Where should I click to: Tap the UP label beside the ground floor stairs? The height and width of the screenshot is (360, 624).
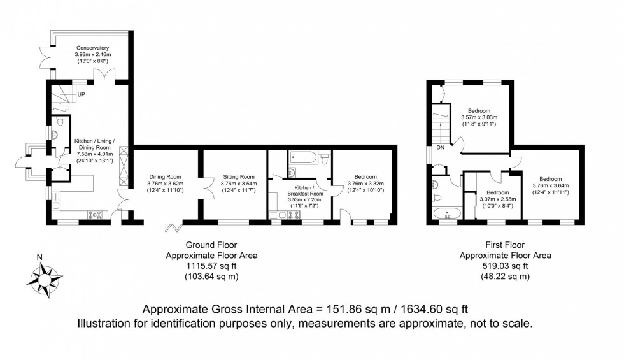tap(81, 95)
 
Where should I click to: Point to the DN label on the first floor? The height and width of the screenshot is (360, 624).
tap(441, 148)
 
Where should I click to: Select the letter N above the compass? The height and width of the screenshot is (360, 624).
tap(39, 258)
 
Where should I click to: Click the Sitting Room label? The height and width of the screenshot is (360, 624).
tap(239, 177)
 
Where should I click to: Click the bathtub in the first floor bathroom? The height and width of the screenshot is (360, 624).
tap(446, 213)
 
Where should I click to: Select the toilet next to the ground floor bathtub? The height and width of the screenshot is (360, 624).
tap(323, 157)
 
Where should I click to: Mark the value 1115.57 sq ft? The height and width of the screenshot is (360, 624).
tap(211, 266)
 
